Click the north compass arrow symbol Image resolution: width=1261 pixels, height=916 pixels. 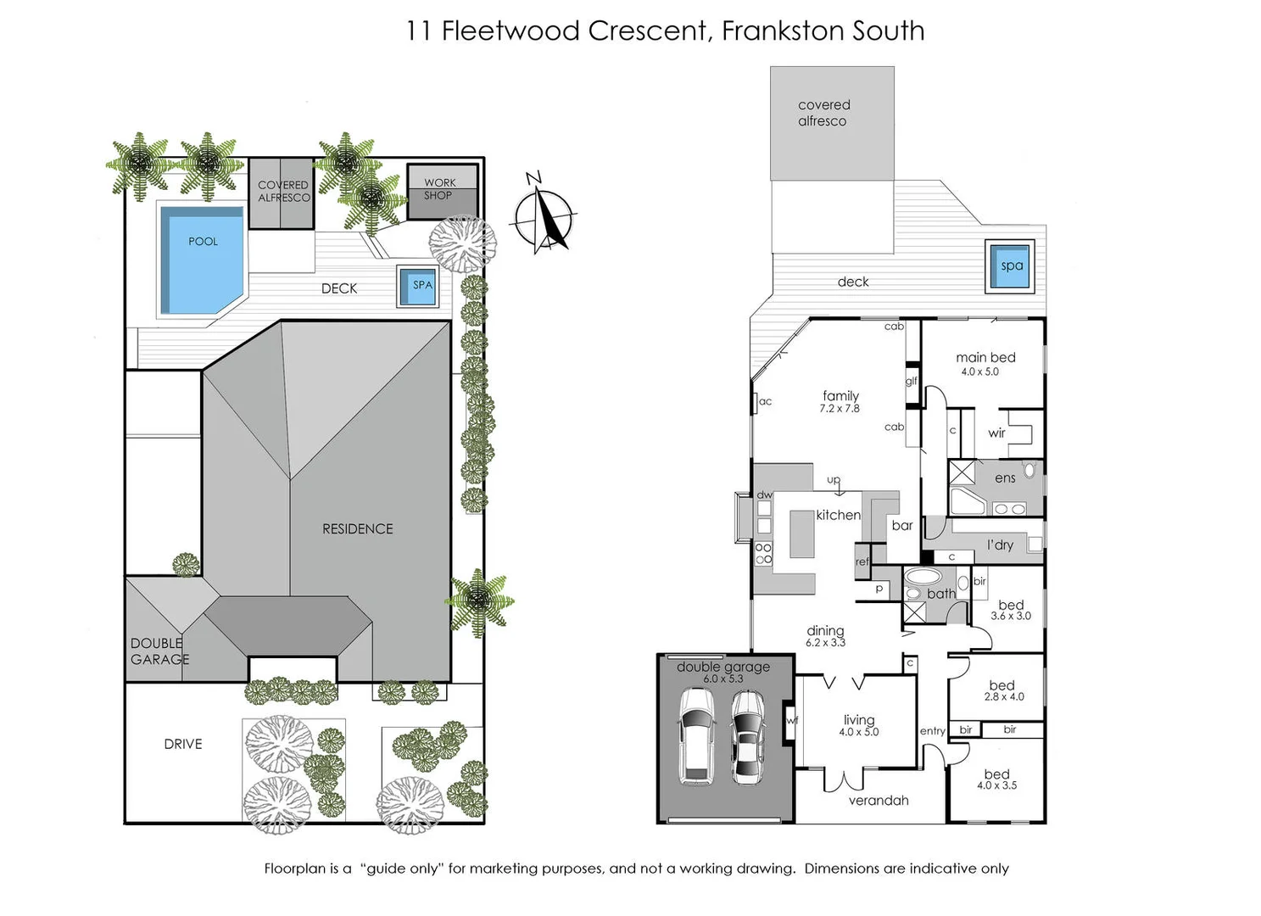click(x=545, y=217)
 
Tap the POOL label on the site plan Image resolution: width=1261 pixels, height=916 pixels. click(x=203, y=242)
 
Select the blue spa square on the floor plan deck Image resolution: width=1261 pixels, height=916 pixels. click(x=1011, y=266)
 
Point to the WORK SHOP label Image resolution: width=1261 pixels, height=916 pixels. click(x=439, y=189)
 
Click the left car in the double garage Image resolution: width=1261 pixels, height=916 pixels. click(x=697, y=736)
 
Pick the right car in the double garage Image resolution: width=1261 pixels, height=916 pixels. click(x=748, y=737)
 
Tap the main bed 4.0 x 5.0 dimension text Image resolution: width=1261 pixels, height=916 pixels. click(x=979, y=372)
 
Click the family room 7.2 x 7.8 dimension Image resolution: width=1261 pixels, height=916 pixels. click(x=839, y=409)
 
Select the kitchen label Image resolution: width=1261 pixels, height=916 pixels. click(x=838, y=515)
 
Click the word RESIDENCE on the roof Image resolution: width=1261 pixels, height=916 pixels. click(x=358, y=529)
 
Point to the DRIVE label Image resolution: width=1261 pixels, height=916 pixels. click(x=183, y=745)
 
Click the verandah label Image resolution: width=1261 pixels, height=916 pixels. click(x=879, y=801)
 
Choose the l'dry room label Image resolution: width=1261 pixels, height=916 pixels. click(x=1000, y=545)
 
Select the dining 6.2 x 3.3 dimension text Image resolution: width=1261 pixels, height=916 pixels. click(x=825, y=643)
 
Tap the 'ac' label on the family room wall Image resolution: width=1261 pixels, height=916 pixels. click(x=765, y=402)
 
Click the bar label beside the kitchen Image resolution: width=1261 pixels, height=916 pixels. click(x=902, y=526)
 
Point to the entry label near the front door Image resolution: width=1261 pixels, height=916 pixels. click(x=932, y=731)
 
